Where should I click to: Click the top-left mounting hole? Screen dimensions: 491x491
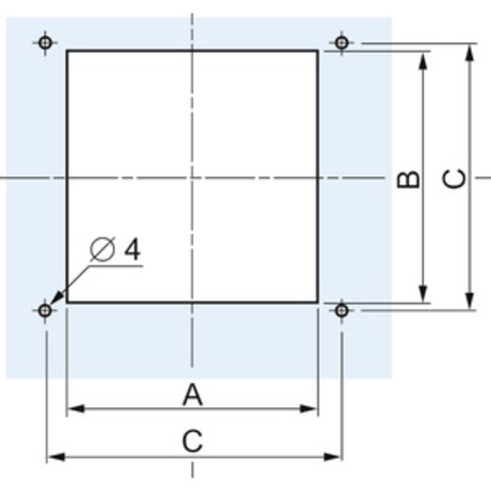pos(45,43)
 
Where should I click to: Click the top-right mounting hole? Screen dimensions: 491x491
pos(341,43)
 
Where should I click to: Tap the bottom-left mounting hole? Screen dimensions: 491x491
pos(45,310)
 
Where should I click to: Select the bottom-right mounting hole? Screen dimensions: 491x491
pos(341,310)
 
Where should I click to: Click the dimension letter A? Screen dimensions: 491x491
pos(193,395)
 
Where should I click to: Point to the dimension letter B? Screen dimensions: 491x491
pos(408,179)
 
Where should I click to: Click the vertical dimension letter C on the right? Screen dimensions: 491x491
pos(455,179)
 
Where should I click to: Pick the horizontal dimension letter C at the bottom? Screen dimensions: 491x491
pos(193,441)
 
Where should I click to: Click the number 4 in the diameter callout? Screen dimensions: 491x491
pos(133,249)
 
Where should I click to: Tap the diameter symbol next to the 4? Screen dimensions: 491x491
pos(102,249)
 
